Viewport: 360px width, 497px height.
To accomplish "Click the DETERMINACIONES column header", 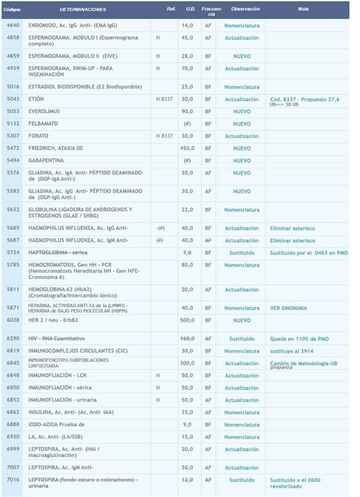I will [x=82, y=9].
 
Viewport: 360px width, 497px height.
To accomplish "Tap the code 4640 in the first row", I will [x=13, y=26].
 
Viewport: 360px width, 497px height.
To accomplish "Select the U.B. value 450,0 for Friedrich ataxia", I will [x=187, y=148].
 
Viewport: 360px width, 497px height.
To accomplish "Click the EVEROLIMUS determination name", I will [x=44, y=111].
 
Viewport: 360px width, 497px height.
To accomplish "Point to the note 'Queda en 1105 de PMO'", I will [x=299, y=339].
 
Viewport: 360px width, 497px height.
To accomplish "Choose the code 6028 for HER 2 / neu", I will [x=13, y=320].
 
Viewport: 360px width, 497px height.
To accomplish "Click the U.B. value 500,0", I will [x=187, y=320].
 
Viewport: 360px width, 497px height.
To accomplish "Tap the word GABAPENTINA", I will [x=46, y=161].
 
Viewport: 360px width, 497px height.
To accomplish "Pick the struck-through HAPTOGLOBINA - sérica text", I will [x=58, y=252].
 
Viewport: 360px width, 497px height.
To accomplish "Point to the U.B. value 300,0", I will [x=187, y=363].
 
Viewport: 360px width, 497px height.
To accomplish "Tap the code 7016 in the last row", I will [x=13, y=479].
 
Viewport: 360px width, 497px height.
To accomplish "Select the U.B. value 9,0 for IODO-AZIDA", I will [x=187, y=425].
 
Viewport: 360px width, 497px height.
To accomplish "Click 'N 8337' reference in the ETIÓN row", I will [x=165, y=99].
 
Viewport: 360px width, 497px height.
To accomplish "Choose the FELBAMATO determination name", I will [x=43, y=124].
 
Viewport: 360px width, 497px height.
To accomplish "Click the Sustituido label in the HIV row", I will [x=242, y=339].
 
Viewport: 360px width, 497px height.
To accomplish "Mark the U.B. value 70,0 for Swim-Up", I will [x=187, y=69].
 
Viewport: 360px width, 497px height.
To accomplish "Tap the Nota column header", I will [x=303, y=9].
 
